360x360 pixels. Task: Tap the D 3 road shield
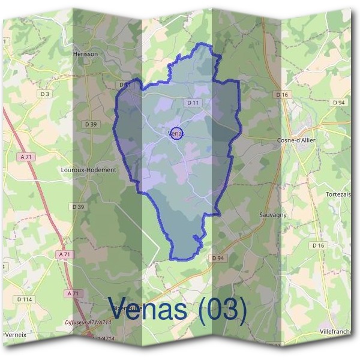45,94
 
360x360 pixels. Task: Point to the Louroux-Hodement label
88,170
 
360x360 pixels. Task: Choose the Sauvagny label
273,214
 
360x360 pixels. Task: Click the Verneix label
15,334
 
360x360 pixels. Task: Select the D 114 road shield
25,299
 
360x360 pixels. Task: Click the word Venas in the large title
152,310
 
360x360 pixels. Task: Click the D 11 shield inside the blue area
193,103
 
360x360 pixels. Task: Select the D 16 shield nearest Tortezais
318,245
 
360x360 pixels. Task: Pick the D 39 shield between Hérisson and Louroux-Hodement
91,124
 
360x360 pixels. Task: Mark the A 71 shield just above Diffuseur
73,293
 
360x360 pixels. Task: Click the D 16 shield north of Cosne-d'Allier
283,95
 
